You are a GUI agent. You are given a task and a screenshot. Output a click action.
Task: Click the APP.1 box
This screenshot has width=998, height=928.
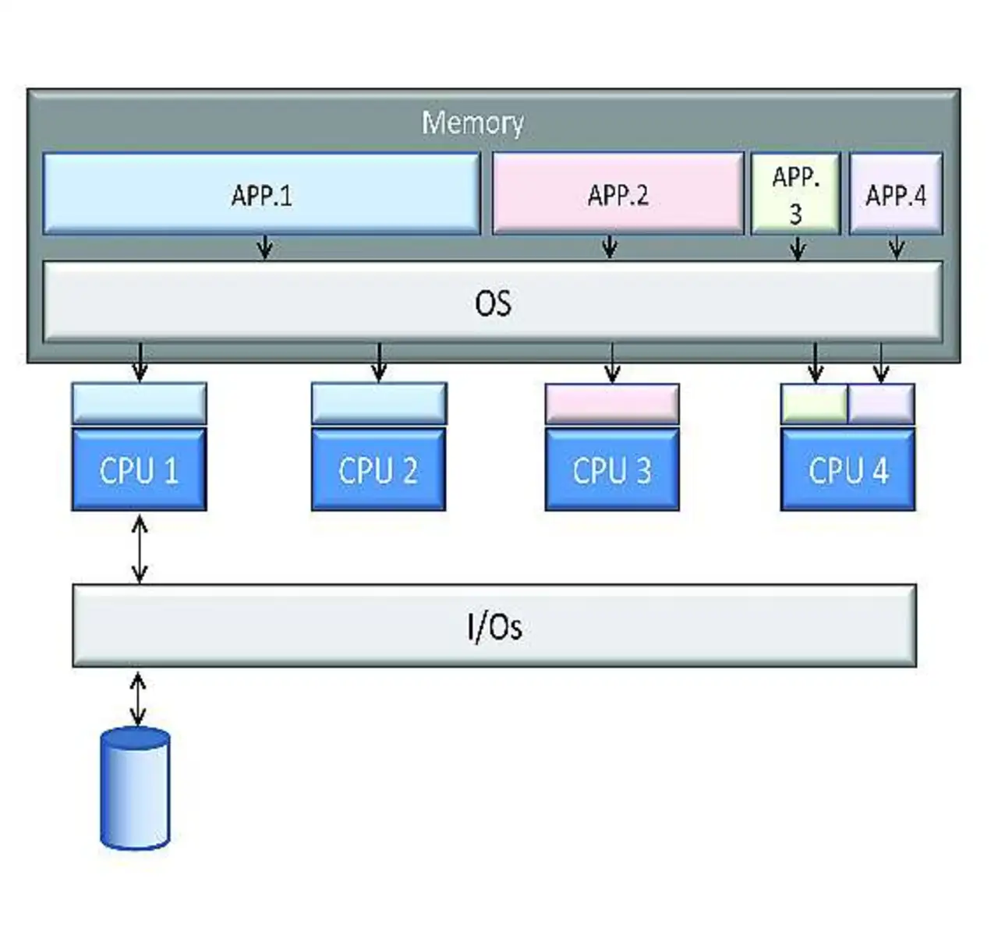pos(261,193)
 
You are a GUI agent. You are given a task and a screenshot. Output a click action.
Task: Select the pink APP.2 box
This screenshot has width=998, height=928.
pos(618,193)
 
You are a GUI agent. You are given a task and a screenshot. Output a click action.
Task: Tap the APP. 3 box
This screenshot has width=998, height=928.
pos(795,193)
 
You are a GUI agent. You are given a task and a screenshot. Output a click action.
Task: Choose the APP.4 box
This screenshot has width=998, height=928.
pos(896,193)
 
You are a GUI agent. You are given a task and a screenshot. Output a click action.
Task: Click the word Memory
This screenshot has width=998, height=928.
pos(472,122)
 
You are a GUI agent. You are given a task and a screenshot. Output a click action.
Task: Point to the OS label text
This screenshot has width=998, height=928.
pos(493,303)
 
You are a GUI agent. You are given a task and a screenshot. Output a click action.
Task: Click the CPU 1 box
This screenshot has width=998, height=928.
pos(139,469)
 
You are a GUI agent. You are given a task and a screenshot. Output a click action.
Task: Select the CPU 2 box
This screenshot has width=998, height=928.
pos(378,469)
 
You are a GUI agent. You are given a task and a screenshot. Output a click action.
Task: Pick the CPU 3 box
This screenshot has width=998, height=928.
pos(612,469)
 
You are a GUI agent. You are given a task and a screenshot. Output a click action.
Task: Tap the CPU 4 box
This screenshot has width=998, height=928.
pos(848,469)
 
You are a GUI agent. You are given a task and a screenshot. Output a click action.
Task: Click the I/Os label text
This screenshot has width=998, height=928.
pos(494,626)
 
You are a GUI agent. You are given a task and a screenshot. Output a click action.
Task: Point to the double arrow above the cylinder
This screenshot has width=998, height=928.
pos(138,699)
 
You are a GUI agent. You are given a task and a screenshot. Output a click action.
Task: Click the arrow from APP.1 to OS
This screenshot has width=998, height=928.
pos(265,246)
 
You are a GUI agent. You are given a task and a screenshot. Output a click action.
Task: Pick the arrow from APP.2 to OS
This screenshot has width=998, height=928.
pos(610,246)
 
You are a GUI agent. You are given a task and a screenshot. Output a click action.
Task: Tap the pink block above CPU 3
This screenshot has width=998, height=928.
pos(612,404)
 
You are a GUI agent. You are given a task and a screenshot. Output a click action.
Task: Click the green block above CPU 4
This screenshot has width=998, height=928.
pos(814,404)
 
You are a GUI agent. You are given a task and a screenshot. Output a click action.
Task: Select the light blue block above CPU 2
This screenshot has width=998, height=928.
pos(379,403)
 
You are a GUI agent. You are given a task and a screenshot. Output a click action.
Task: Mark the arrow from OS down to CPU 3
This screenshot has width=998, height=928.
pos(612,363)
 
